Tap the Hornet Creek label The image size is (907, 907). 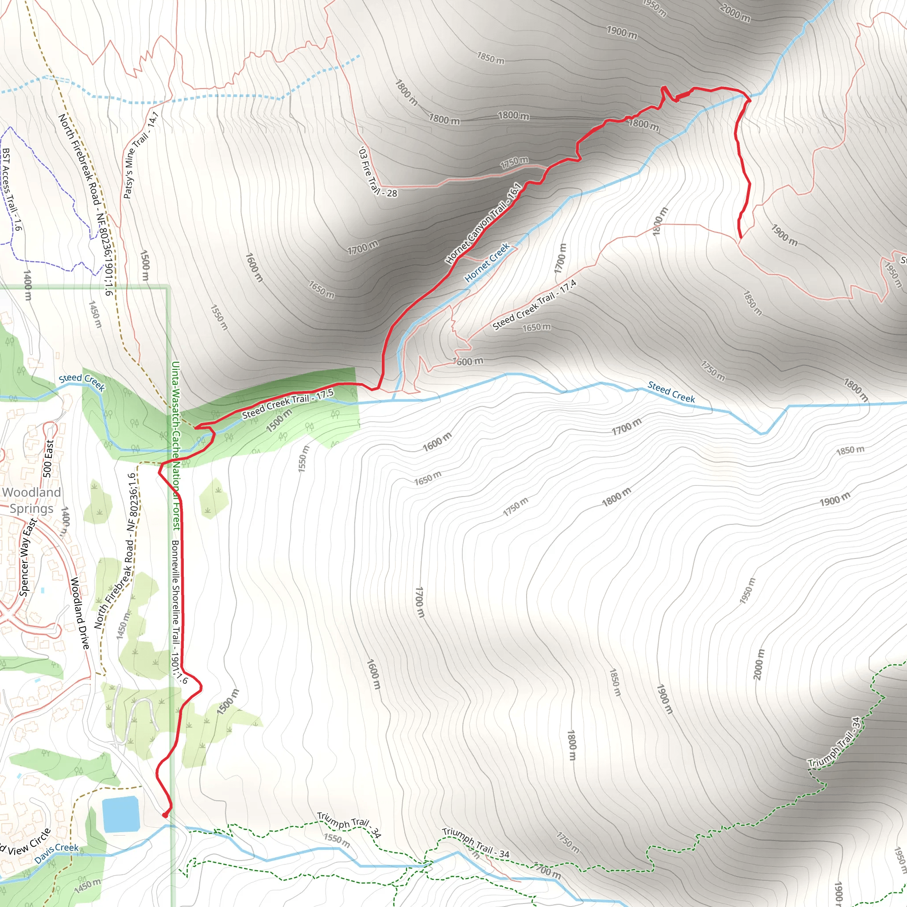click(x=487, y=262)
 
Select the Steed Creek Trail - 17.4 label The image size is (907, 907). click(x=534, y=305)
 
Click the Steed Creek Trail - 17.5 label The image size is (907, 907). click(x=287, y=403)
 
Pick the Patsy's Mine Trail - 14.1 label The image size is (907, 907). click(x=140, y=155)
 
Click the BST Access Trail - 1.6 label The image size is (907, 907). click(x=12, y=189)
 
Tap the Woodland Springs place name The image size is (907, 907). click(x=31, y=500)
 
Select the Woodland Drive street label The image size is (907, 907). click(x=79, y=613)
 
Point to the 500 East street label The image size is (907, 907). click(x=48, y=458)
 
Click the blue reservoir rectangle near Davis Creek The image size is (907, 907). click(x=121, y=814)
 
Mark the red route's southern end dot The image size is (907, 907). click(x=165, y=815)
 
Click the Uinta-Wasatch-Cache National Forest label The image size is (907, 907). click(x=175, y=446)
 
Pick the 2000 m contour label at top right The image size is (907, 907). click(x=735, y=13)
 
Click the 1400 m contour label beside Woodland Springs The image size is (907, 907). click(x=66, y=521)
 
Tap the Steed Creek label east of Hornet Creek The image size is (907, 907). click(x=671, y=392)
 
